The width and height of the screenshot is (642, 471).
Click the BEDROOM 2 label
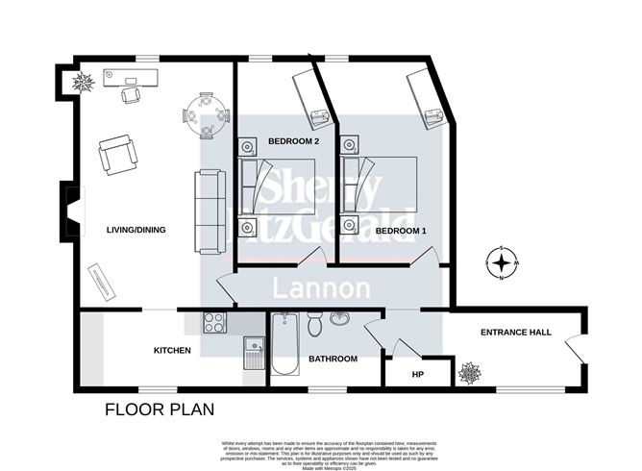coord(293,141)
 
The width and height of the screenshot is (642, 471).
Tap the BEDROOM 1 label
coord(401,232)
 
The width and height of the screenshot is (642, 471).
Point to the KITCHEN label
coord(173,351)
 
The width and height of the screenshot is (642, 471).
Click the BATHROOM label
coord(333,359)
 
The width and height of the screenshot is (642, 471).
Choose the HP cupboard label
coord(417,374)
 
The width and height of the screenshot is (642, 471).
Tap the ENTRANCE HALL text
coord(515,333)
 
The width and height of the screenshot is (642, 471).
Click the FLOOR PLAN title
coord(160,409)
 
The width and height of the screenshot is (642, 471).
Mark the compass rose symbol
coord(502,263)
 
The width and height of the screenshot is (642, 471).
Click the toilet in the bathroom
coord(315,326)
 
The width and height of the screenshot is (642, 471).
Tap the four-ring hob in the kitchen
coord(213,324)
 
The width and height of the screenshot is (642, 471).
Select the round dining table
coord(206,114)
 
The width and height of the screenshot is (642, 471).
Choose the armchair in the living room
coord(117,154)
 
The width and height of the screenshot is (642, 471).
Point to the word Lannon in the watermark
coord(322,288)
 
